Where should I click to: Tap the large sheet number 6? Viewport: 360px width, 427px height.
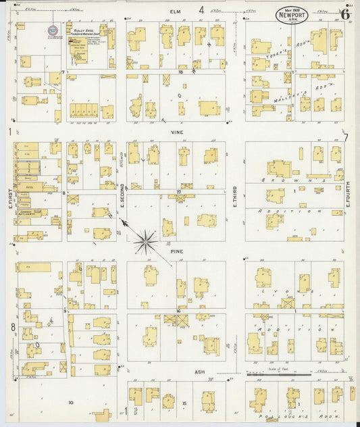coord(345,13)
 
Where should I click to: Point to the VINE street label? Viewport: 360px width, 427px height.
coord(177,132)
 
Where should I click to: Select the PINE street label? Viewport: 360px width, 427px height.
coord(178,251)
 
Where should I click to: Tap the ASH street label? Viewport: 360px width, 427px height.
coord(200,372)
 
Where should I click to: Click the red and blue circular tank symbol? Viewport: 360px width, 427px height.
coord(52,30)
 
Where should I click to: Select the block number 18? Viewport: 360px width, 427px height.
coord(180,71)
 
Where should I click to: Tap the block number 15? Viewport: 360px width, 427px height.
coord(184,403)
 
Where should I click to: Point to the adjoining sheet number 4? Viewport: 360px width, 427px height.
coord(201,9)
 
